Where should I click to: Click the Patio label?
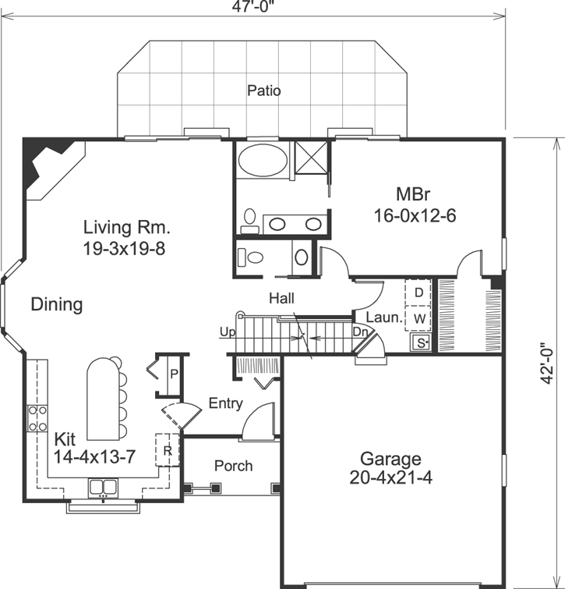[264, 90]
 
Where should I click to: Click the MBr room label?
[414, 193]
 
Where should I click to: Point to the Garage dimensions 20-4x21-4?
[390, 477]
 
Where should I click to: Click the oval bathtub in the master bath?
[262, 161]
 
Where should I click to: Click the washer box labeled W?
[418, 318]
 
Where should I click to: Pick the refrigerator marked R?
[168, 450]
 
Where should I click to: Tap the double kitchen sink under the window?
[102, 488]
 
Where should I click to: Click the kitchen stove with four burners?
[37, 418]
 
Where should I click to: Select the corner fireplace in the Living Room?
[45, 163]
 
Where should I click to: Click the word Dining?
[57, 304]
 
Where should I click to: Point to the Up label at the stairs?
[227, 332]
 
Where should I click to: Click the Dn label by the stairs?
[359, 332]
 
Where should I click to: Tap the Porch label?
[233, 466]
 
